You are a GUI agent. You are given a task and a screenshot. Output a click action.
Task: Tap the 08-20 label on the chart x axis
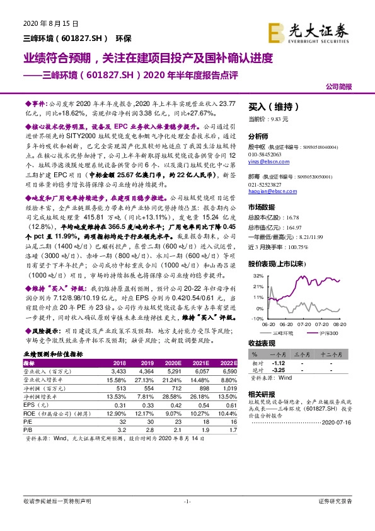point(338,325)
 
